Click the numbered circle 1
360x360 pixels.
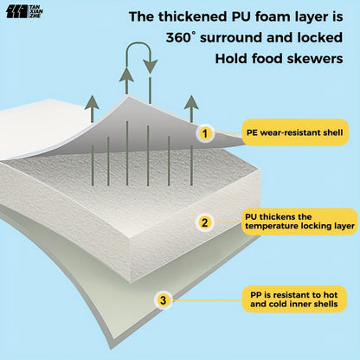[x=205, y=133]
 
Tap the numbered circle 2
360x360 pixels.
[x=205, y=222]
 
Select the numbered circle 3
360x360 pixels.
[x=164, y=300]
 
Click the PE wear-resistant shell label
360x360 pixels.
[x=295, y=132]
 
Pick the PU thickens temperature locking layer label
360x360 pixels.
[x=299, y=222]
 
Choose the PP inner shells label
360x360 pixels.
[x=294, y=299]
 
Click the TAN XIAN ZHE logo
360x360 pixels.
[x=24, y=11]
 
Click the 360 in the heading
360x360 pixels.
[x=178, y=38]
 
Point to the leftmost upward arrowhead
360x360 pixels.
[x=92, y=102]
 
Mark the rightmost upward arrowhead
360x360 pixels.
[x=191, y=102]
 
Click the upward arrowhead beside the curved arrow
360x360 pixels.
[x=126, y=74]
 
